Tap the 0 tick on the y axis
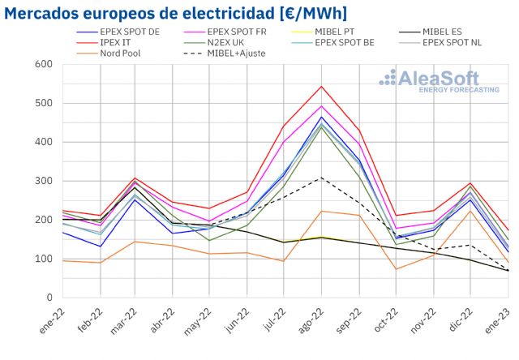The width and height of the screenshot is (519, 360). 48,298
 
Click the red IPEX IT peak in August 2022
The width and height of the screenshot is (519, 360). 322,86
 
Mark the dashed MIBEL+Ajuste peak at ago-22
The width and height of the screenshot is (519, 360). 322,178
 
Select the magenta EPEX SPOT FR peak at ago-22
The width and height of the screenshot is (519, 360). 322,105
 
